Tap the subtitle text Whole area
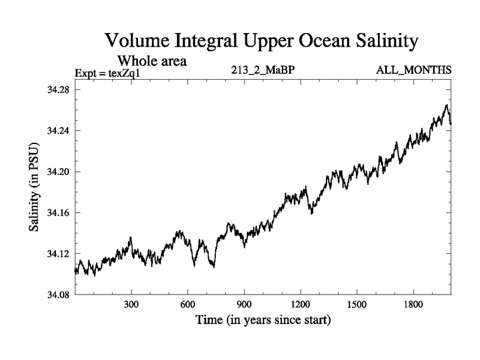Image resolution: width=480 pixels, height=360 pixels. pos(152,61)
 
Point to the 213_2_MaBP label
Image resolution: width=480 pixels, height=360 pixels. pos(263,71)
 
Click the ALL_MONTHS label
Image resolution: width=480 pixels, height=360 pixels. pos(413,71)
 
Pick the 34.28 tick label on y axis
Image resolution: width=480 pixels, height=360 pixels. pos(58,90)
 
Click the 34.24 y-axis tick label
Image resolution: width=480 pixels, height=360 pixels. pos(58,131)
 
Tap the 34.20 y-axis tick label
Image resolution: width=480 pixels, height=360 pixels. pos(58,172)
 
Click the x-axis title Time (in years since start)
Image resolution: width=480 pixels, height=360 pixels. pos(263,320)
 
